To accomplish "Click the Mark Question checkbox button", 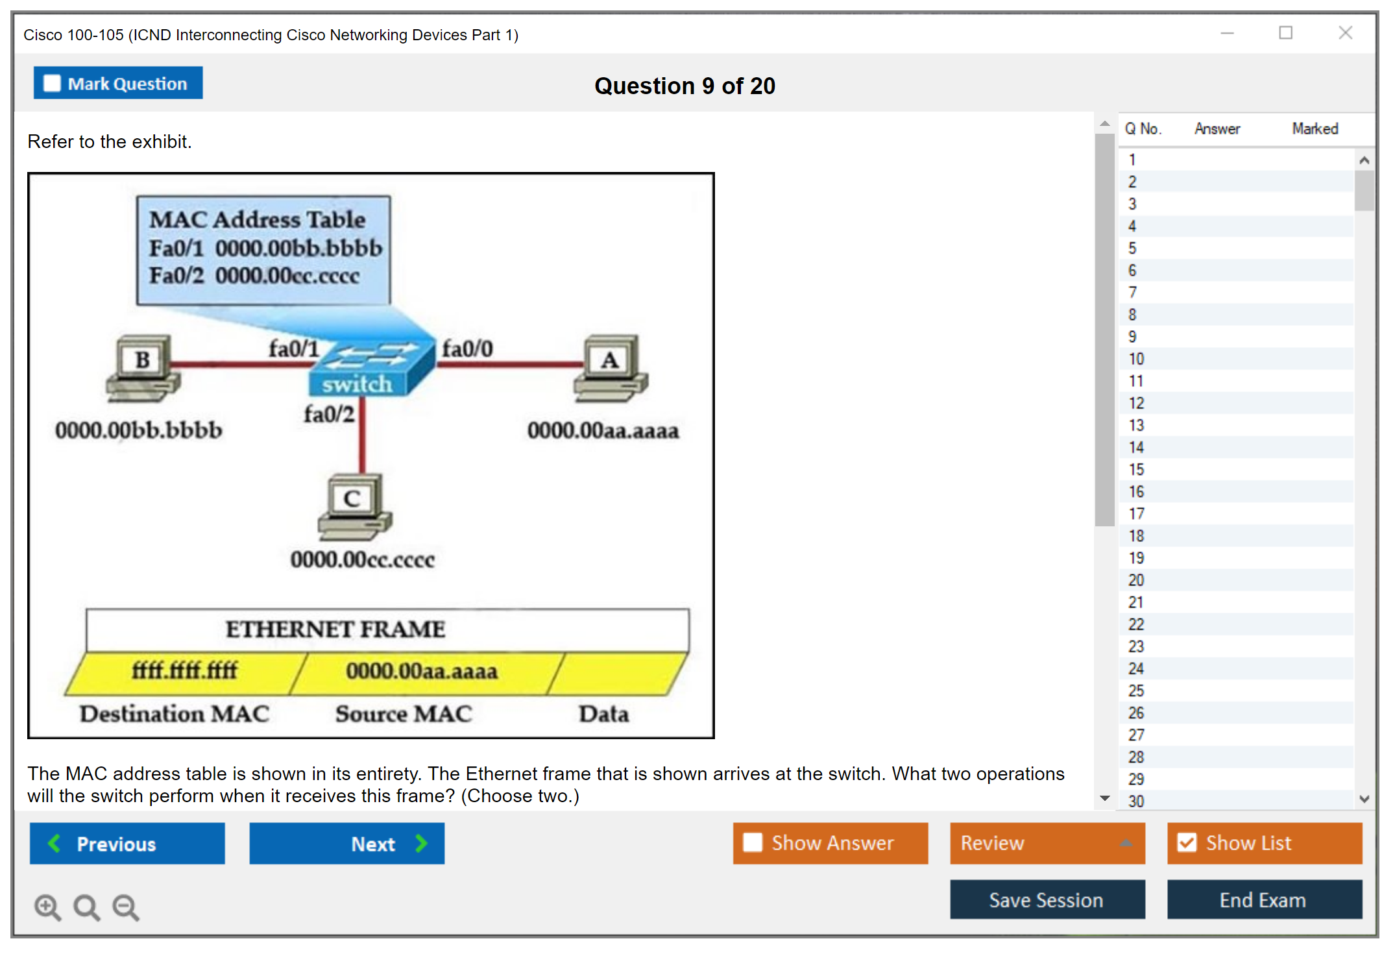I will click(118, 83).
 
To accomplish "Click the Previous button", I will click(127, 843).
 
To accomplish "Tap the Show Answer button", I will click(830, 843).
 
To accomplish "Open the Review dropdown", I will click(1047, 843).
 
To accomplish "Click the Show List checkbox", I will click(1187, 843).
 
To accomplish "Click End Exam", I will click(1263, 900).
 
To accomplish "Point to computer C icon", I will click(354, 507).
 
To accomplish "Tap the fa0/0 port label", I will click(467, 349).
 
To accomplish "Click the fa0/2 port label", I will click(329, 414).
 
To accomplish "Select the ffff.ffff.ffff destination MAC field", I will click(185, 671).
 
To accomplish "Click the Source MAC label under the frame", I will click(404, 714).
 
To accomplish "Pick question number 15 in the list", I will click(1136, 469).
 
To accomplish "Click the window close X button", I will click(1345, 33).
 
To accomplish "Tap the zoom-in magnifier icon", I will click(47, 907).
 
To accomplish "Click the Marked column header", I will click(1315, 128).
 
